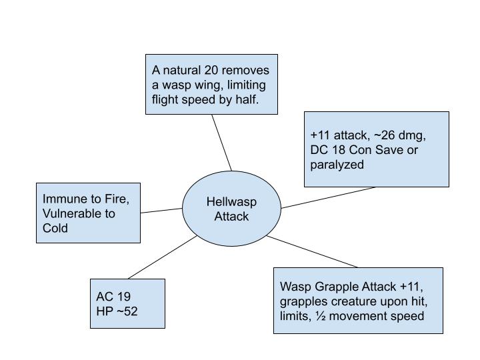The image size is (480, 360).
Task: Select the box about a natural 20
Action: pos(211,85)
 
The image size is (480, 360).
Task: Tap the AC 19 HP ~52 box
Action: pos(127,303)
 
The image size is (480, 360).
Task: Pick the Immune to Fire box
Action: pos(88,213)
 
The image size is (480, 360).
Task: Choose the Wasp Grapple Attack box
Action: pos(358,300)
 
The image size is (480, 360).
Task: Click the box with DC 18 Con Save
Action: pos(377,149)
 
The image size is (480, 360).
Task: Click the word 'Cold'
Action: pos(55,228)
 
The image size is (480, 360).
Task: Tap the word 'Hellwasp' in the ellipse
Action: pos(231,201)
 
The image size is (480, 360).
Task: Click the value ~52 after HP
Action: pos(126,311)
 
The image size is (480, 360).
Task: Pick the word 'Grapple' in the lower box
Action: pos(331,287)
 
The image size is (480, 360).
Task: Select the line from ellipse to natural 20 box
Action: pos(222,143)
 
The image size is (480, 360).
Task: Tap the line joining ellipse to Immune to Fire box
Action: pos(161,211)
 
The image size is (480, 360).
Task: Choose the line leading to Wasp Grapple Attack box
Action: pos(312,251)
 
